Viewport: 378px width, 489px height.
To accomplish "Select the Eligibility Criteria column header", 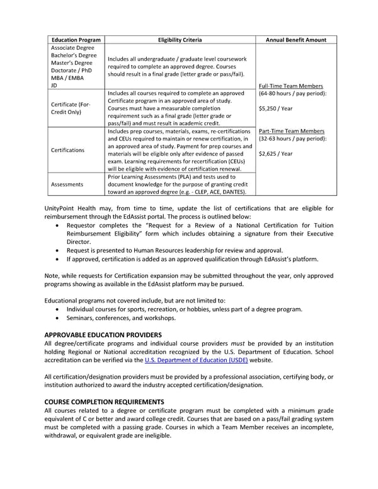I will pyautogui.click(x=180, y=40).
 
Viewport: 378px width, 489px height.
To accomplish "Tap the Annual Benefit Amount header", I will pyautogui.click(x=296, y=40).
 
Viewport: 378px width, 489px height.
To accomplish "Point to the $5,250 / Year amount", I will pyautogui.click(x=275, y=107).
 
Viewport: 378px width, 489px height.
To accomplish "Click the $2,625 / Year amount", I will pyautogui.click(x=275, y=153).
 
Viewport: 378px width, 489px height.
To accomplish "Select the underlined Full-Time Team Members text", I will pyautogui.click(x=291, y=86).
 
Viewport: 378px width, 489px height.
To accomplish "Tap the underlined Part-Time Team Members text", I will pyautogui.click(x=292, y=131).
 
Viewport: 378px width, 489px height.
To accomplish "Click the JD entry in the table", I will pyautogui.click(x=54, y=85).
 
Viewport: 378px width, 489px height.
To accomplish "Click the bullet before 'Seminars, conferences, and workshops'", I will pyautogui.click(x=59, y=318).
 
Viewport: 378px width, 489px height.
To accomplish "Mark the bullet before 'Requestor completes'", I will pyautogui.click(x=59, y=225).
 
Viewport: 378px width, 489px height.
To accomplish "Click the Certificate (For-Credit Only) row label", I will pyautogui.click(x=72, y=108).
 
